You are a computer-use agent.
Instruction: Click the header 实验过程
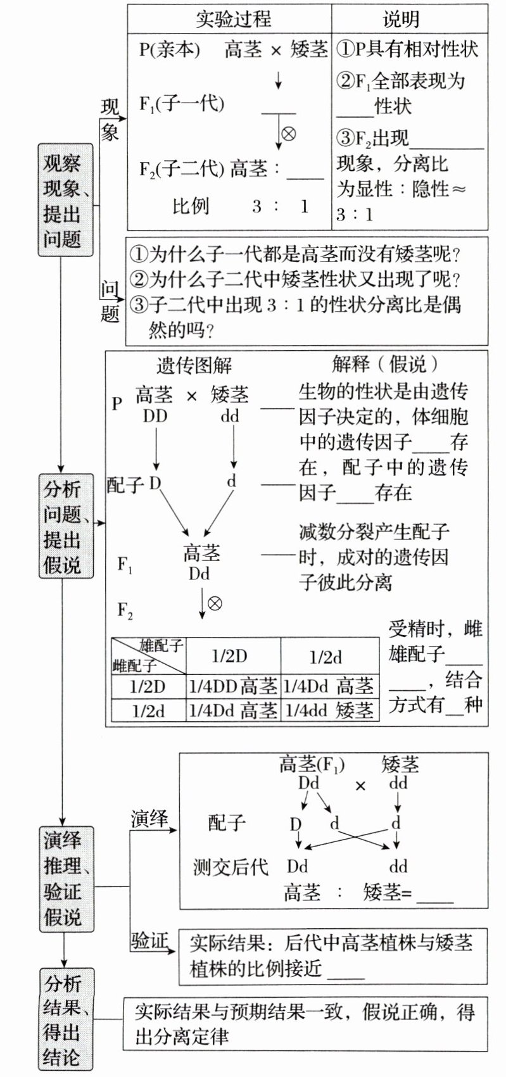coord(232,19)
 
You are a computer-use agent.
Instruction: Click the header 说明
coord(400,19)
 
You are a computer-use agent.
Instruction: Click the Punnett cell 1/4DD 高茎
coord(233,685)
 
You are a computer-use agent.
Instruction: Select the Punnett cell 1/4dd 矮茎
coord(329,710)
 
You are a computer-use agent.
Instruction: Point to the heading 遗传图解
coord(194,365)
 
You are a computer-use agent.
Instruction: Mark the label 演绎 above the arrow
coord(150,818)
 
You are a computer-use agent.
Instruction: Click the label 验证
coord(150,941)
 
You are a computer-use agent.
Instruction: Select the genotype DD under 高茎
coord(155,416)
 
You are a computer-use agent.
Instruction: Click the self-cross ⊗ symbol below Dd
coord(215,603)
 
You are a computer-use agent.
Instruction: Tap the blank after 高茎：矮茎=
coord(435,894)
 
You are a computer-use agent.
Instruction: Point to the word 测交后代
coord(231,867)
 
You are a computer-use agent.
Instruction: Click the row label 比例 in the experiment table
coord(190,206)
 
